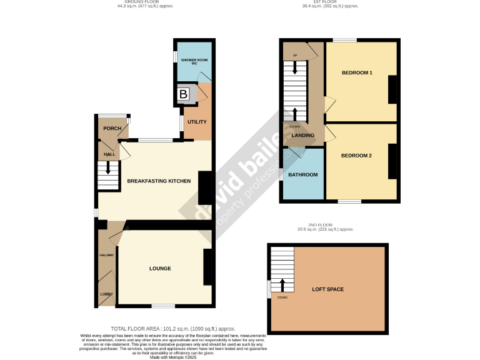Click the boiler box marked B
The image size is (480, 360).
pyautogui.click(x=183, y=94)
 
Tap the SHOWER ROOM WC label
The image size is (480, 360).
pyautogui.click(x=189, y=61)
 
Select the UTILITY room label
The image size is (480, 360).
pyautogui.click(x=196, y=122)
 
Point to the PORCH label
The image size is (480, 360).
pyautogui.click(x=112, y=128)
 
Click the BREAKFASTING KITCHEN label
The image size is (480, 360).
pyautogui.click(x=159, y=181)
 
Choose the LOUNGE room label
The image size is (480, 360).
pyautogui.click(x=160, y=268)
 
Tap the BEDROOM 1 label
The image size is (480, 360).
pyautogui.click(x=357, y=73)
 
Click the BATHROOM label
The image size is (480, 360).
pyautogui.click(x=302, y=174)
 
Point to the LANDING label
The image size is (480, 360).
pyautogui.click(x=302, y=135)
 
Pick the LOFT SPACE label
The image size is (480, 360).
pyautogui.click(x=328, y=289)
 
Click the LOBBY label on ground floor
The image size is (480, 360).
pyautogui.click(x=106, y=294)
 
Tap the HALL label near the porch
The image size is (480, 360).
pyautogui.click(x=109, y=154)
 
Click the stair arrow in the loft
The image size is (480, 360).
pyautogui.click(x=282, y=285)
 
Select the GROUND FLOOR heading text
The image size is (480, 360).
pyautogui.click(x=140, y=2)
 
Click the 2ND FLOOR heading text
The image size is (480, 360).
pyautogui.click(x=325, y=224)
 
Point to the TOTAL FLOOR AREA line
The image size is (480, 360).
pyautogui.click(x=173, y=328)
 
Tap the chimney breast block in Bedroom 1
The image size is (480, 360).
pyautogui.click(x=392, y=89)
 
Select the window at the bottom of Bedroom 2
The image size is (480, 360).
pyautogui.click(x=350, y=201)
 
